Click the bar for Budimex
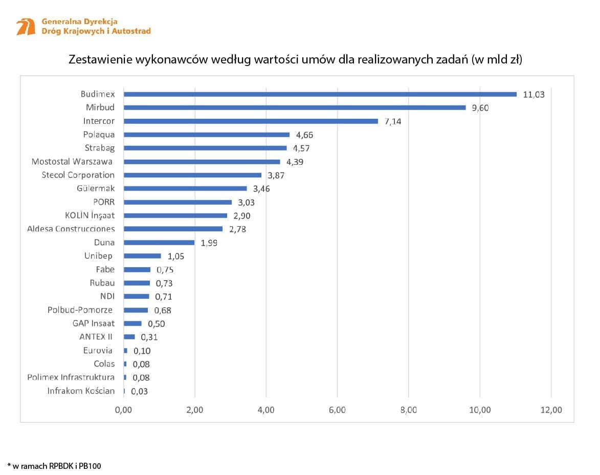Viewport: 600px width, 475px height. pos(320,94)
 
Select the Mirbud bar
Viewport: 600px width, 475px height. pos(294,107)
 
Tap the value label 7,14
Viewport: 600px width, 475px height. pos(393,121)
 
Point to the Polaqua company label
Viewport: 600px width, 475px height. pos(99,135)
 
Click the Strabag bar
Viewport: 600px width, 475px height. pos(205,148)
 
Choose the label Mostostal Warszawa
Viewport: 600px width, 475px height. pos(72,161)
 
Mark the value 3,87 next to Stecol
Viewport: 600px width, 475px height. pos(276,175)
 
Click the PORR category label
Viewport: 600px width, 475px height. pos(104,202)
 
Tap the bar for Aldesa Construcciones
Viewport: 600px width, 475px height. pos(173,229)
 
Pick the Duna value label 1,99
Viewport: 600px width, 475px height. pos(209,243)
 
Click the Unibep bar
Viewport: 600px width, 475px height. pos(142,256)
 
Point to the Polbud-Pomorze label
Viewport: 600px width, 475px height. pos(80,310)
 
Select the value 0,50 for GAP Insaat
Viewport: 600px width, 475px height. pos(156,323)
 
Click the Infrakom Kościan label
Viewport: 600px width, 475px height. pos(81,391)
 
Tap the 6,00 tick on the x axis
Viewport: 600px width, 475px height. pos(337,409)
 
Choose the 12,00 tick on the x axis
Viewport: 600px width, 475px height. pos(550,409)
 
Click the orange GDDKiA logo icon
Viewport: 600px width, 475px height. pos(26,27)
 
